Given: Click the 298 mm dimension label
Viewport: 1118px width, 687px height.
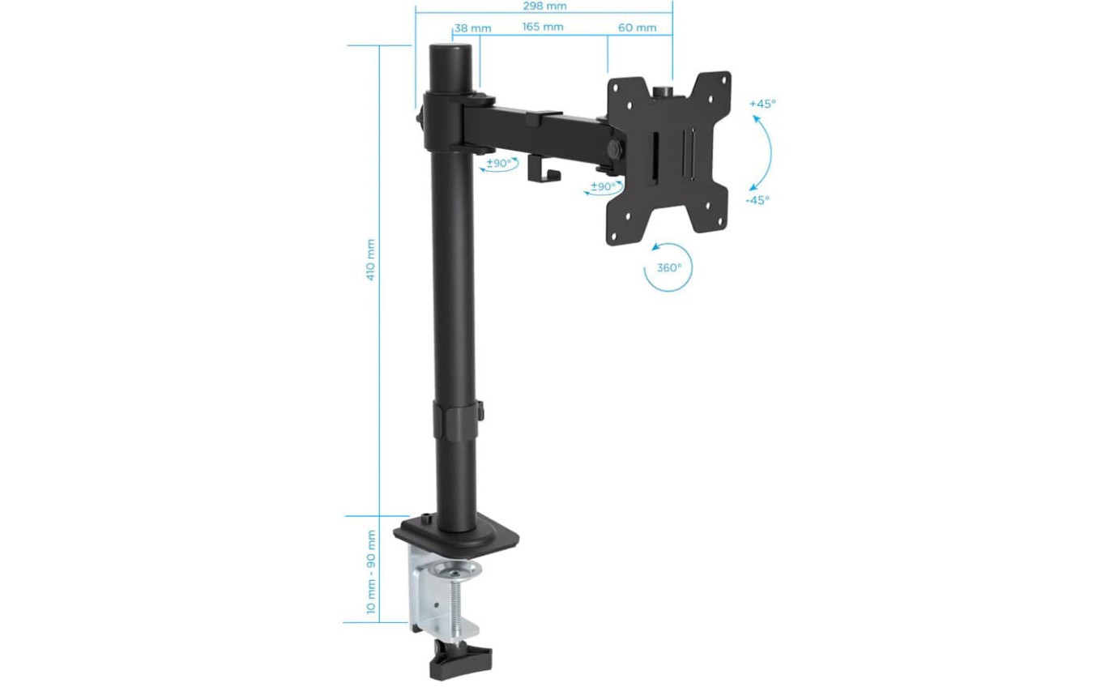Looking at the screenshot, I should [544, 6].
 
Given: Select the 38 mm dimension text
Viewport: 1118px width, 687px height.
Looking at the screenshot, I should [473, 28].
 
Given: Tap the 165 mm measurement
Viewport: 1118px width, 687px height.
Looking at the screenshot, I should [543, 28].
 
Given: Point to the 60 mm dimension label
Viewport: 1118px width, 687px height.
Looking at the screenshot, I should [637, 28].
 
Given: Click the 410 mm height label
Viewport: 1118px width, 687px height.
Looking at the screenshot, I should [371, 259].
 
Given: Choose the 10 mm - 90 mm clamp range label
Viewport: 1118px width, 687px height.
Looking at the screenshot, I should [371, 571].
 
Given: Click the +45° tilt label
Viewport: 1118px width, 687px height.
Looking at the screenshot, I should [762, 104].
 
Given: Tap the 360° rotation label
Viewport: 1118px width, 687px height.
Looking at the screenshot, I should [668, 267].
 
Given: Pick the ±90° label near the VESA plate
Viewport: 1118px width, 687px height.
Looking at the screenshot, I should [604, 186].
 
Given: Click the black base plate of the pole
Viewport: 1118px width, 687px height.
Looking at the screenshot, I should [458, 535].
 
